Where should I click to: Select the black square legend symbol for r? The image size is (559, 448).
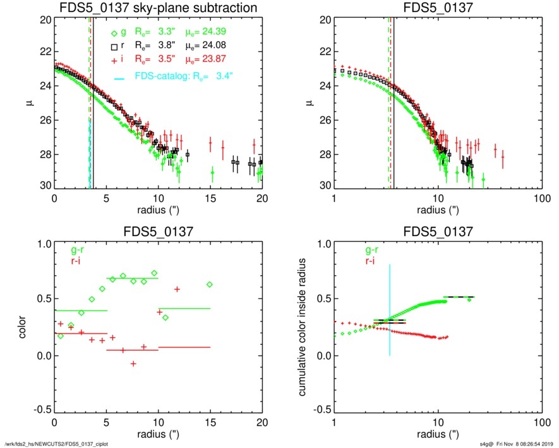[x=114, y=46]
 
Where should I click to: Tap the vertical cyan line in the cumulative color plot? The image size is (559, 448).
[x=390, y=310]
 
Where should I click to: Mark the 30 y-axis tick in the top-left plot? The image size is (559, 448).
[x=44, y=186]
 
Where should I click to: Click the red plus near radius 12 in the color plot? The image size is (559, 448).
[x=177, y=289]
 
